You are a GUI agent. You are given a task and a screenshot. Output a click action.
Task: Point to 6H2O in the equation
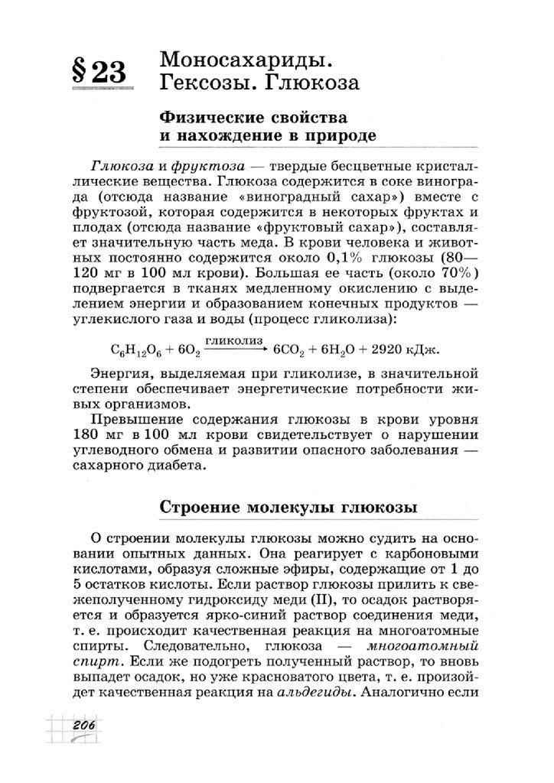click(x=342, y=348)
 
